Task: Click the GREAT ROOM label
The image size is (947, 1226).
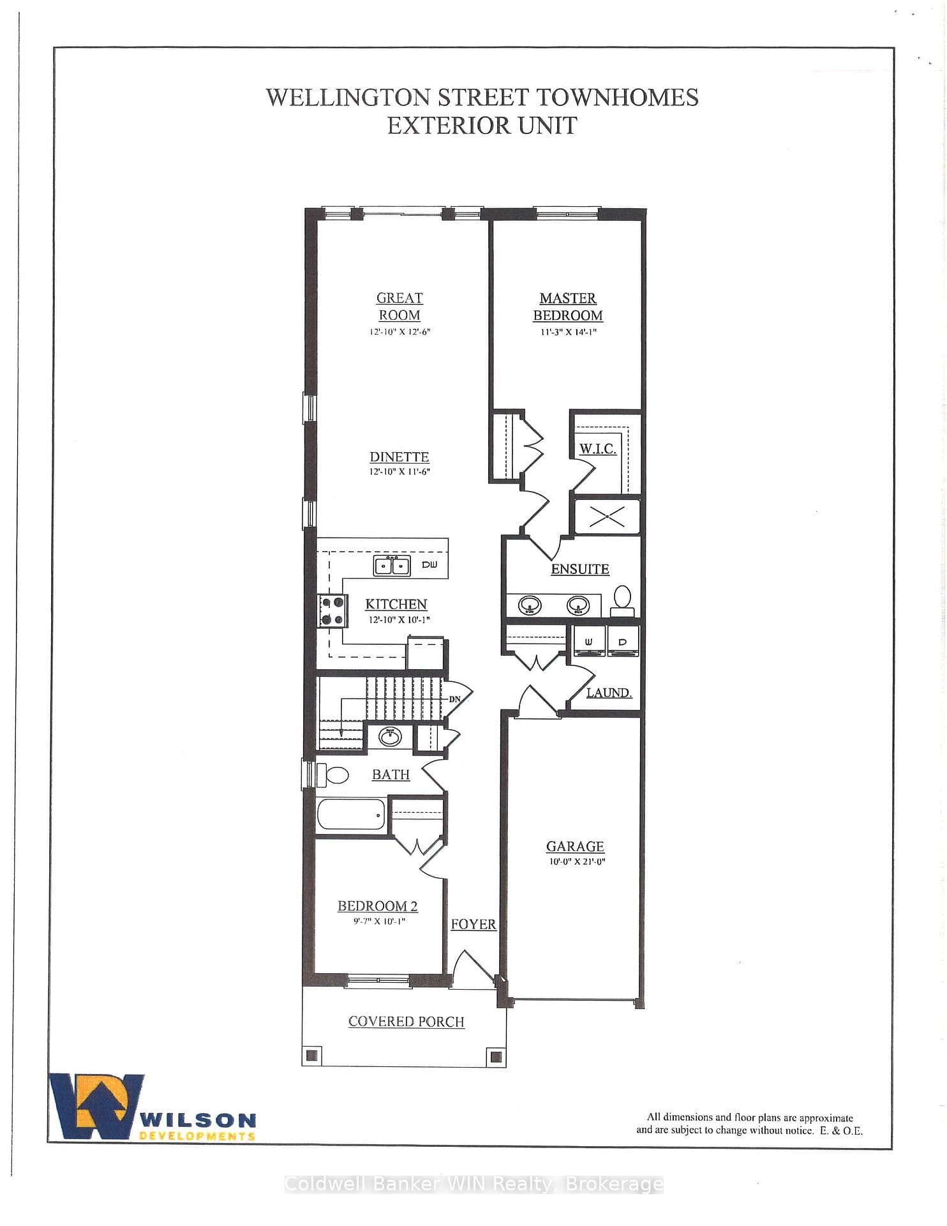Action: click(399, 306)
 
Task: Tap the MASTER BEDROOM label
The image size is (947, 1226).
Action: click(568, 306)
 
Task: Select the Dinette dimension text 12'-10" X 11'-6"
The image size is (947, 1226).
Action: click(399, 472)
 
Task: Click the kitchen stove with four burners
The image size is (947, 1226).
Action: click(333, 610)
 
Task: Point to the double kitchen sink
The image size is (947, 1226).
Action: click(392, 566)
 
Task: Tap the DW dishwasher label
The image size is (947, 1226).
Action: click(429, 565)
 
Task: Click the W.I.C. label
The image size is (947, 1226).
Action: click(598, 449)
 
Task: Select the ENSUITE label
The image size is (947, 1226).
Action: click(580, 569)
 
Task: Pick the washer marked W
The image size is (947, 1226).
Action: click(589, 641)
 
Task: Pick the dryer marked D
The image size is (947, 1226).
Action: click(622, 641)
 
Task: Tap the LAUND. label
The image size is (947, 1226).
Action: click(609, 693)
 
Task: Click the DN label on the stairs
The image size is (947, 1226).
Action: click(454, 699)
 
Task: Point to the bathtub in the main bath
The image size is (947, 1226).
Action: click(352, 814)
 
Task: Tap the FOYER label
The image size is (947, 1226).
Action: click(473, 925)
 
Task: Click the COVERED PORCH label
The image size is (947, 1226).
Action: click(406, 1022)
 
